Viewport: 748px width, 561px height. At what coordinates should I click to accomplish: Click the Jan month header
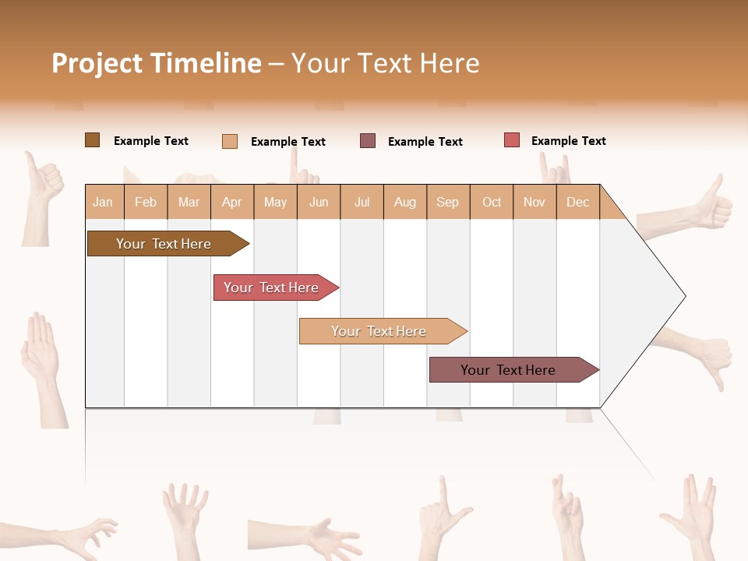(x=103, y=202)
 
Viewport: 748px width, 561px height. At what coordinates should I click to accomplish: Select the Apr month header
(x=231, y=202)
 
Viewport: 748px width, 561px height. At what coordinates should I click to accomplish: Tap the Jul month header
(x=362, y=202)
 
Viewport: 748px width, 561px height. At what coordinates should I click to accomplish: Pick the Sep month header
(x=447, y=202)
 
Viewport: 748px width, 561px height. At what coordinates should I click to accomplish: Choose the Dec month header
(x=577, y=202)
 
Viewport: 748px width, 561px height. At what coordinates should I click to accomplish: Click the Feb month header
(x=146, y=202)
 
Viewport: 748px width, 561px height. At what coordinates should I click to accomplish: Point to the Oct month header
(x=492, y=202)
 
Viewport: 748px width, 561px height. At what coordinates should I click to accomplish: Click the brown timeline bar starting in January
(x=164, y=244)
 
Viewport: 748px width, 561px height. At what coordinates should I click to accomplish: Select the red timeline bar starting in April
(x=271, y=288)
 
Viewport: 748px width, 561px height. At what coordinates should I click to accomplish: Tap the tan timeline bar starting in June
(x=379, y=331)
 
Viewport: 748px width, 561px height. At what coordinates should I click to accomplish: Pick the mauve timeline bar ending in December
(x=508, y=370)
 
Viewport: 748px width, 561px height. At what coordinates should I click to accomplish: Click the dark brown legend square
(x=92, y=140)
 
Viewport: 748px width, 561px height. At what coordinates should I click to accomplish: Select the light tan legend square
(x=229, y=141)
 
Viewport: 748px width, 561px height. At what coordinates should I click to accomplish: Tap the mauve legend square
(x=368, y=141)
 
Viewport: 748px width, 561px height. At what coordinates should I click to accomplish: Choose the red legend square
(x=511, y=140)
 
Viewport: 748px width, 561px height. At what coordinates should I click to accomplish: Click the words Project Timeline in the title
(x=157, y=63)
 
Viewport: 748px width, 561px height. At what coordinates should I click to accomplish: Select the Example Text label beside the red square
(x=568, y=141)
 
